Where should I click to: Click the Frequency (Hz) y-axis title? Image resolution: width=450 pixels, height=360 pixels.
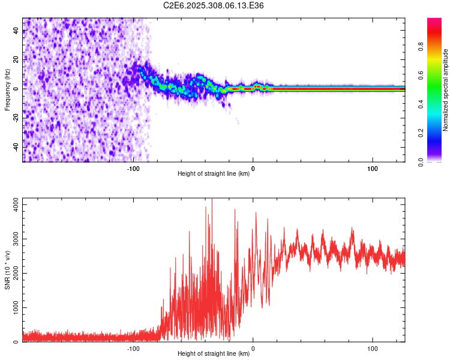(8, 89)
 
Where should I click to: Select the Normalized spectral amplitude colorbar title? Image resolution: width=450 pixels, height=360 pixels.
(446, 89)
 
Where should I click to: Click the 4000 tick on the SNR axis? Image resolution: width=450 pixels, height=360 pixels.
(13, 205)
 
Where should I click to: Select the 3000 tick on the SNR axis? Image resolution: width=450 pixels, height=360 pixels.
(13, 239)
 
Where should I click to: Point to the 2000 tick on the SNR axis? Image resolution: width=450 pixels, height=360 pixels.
(13, 274)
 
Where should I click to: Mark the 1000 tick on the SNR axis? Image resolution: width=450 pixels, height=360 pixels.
(13, 308)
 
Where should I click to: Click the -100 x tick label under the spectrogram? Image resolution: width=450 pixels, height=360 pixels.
(133, 168)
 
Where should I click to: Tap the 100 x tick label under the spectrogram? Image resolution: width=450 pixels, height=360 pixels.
(372, 168)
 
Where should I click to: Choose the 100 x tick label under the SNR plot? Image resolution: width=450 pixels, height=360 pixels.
(372, 348)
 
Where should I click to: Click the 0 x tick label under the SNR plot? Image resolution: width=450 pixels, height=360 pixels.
(253, 348)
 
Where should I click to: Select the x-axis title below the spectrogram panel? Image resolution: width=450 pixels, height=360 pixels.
(214, 174)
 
